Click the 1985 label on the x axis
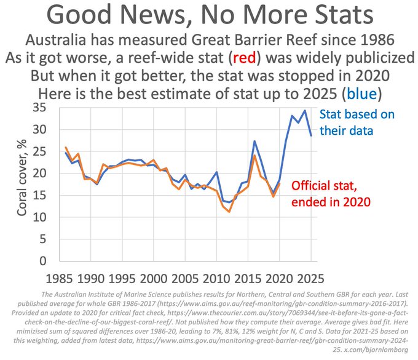(60, 277)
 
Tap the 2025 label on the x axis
(310, 277)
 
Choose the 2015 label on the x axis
(248, 277)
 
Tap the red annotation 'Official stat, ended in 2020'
(331, 193)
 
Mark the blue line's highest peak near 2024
(304, 111)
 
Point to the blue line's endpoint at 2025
(310, 135)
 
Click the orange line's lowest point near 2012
(229, 212)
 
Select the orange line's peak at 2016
(254, 155)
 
